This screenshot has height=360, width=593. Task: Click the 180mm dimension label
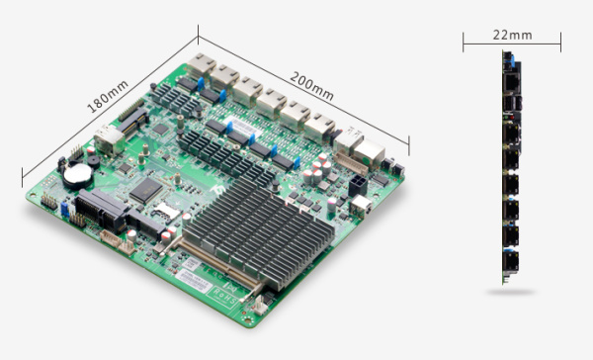pyautogui.click(x=108, y=97)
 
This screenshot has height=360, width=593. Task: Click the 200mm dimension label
pyautogui.click(x=311, y=86)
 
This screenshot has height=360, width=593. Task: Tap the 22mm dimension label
pyautogui.click(x=512, y=36)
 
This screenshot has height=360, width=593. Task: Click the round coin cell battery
pyautogui.click(x=78, y=175)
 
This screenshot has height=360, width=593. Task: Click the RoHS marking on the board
pyautogui.click(x=225, y=296)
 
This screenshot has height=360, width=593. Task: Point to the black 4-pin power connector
pyautogui.click(x=357, y=185)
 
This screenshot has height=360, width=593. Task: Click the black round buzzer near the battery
pyautogui.click(x=94, y=161)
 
